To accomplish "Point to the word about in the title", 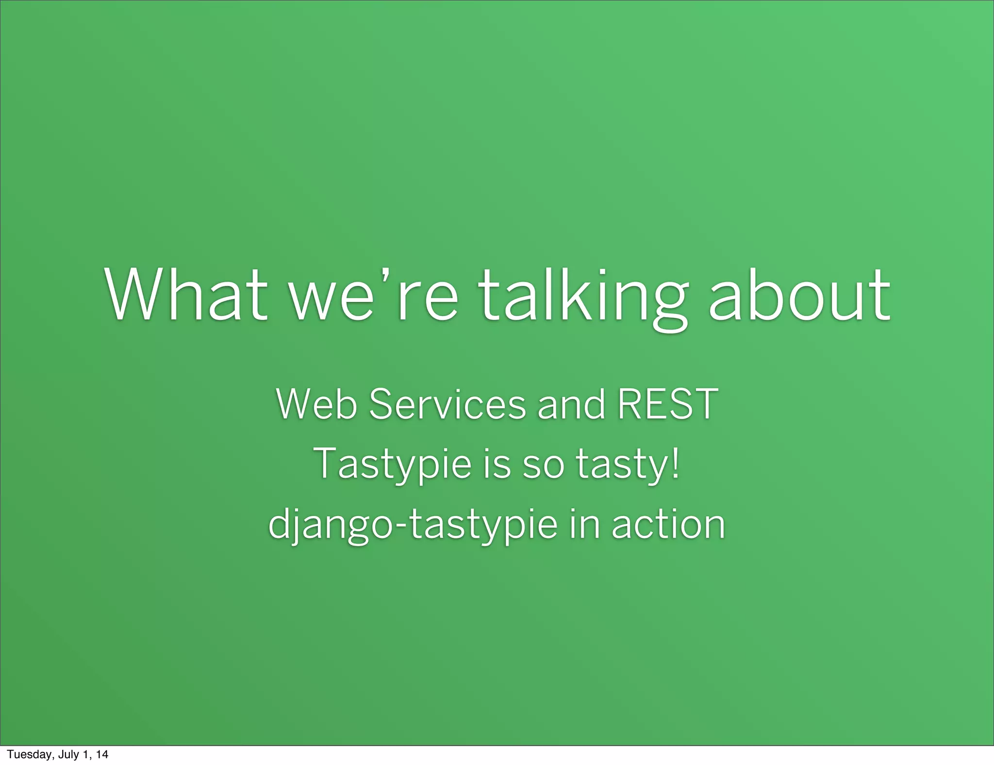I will pyautogui.click(x=799, y=296).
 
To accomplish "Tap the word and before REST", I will pyautogui.click(x=571, y=404).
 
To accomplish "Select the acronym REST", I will pyautogui.click(x=667, y=404).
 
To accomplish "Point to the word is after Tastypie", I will pyautogui.click(x=497, y=464).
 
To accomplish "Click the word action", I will pyautogui.click(x=668, y=524).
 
